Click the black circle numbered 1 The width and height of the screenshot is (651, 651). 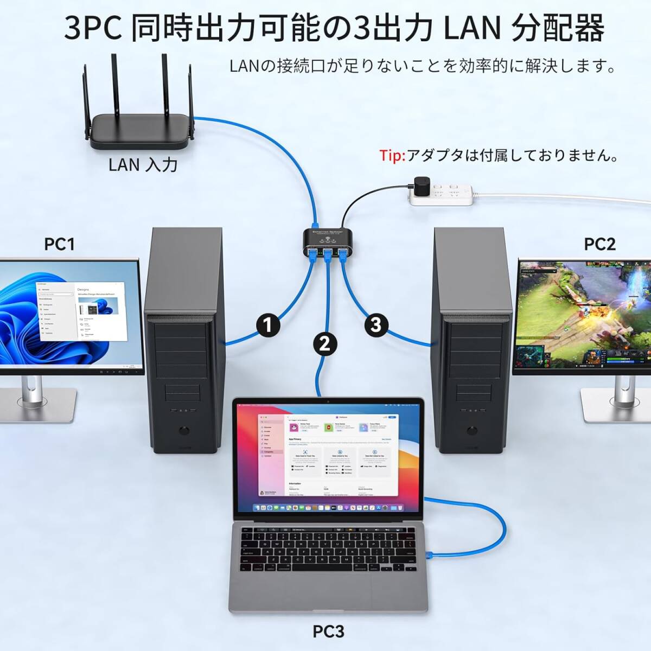[x=267, y=325]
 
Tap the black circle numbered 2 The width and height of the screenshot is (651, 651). [x=324, y=343]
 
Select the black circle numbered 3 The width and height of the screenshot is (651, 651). [x=376, y=325]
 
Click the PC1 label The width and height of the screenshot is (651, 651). [x=59, y=244]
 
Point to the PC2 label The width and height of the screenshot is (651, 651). [x=599, y=244]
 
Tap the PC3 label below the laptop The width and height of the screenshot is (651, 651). [x=328, y=631]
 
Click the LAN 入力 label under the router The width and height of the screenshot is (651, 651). [x=143, y=164]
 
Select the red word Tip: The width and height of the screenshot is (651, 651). [x=392, y=156]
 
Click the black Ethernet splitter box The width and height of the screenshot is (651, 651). [x=325, y=243]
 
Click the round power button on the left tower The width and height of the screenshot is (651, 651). [x=185, y=431]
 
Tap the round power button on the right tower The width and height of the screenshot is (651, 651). [x=471, y=432]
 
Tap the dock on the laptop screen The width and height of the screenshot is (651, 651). [x=328, y=508]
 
